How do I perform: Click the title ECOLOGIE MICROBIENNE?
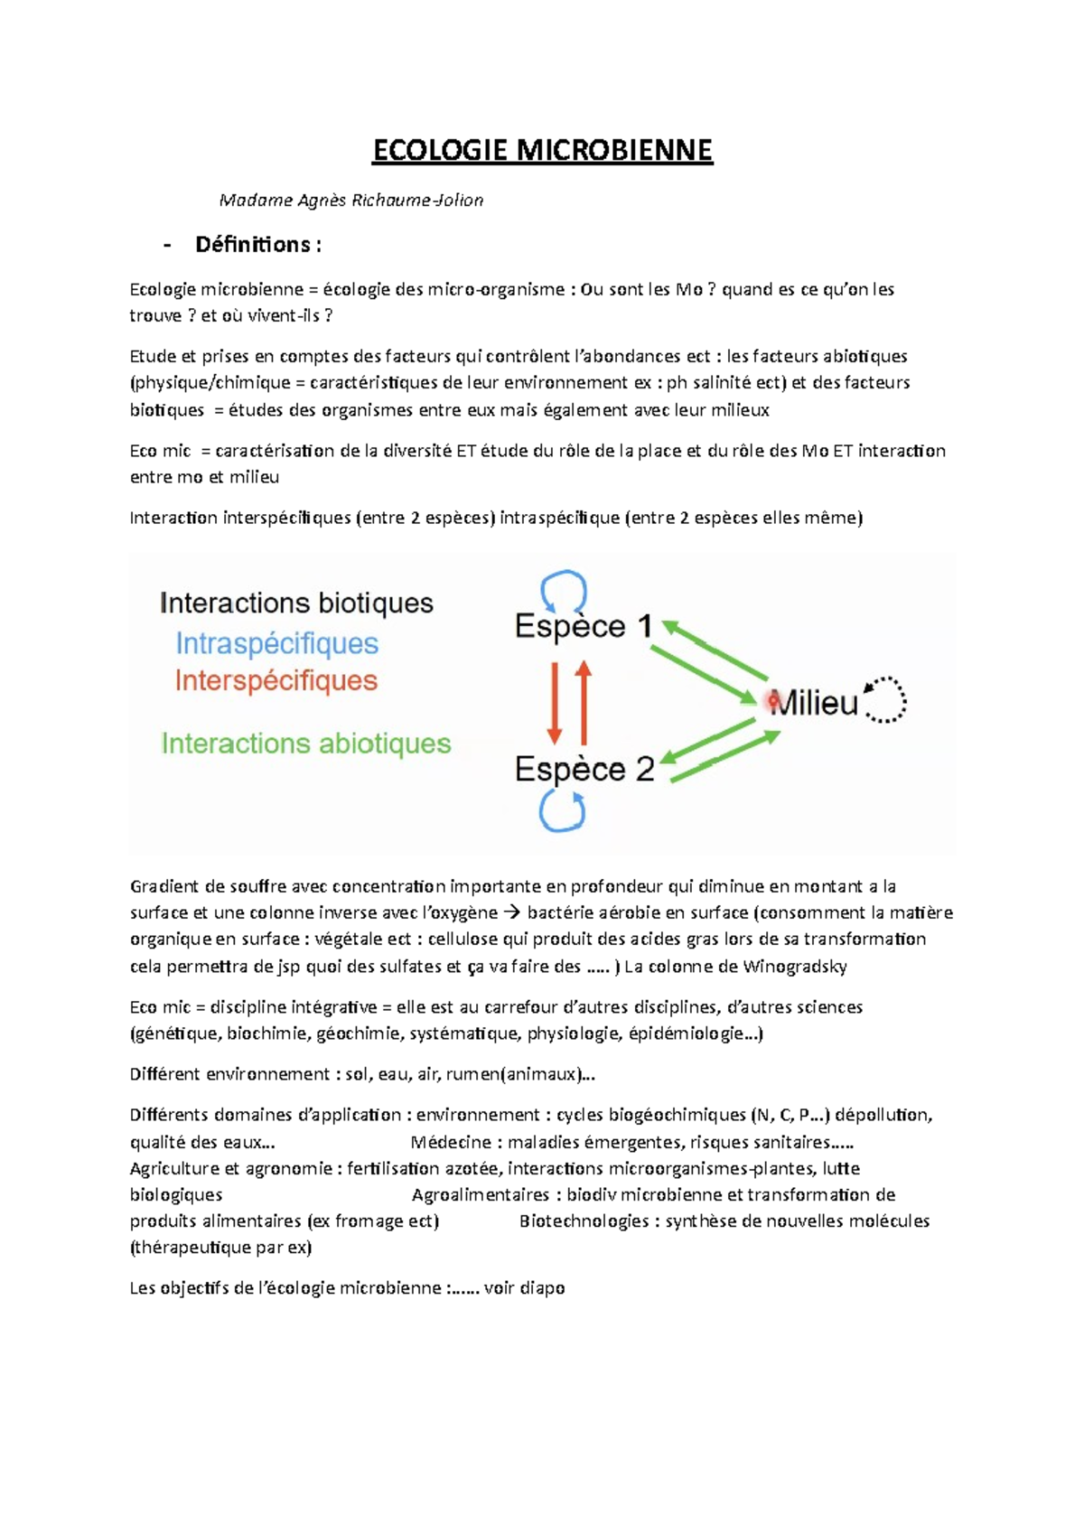click(542, 150)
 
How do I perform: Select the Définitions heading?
click(257, 245)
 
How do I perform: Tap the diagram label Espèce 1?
click(583, 626)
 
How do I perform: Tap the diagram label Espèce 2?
click(584, 769)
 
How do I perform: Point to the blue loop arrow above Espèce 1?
click(564, 591)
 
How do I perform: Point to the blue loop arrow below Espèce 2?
click(562, 809)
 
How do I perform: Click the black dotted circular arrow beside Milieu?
click(885, 699)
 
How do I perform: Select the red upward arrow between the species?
click(584, 701)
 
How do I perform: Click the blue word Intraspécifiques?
click(276, 643)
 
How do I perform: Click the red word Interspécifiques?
click(276, 680)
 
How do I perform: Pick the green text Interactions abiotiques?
click(305, 744)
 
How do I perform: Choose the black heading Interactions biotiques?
click(296, 603)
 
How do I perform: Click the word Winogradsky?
click(795, 967)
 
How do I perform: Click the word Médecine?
click(451, 1143)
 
